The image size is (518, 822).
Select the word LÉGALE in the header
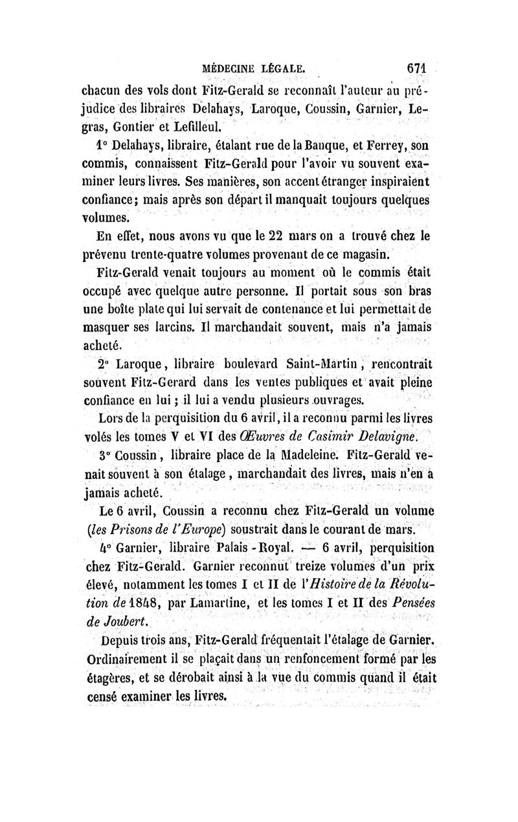pos(289,67)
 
